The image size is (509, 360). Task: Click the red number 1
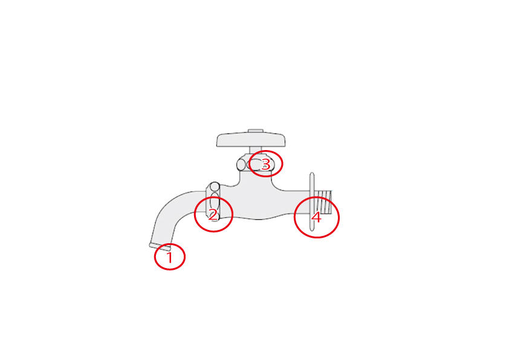169,257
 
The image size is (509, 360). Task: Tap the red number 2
213,215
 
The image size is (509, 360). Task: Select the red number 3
265,164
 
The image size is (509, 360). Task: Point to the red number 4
316,217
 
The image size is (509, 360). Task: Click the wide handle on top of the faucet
251,139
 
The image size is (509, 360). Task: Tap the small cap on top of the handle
256,131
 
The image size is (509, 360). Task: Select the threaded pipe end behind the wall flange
323,201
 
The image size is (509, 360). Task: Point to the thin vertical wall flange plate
312,201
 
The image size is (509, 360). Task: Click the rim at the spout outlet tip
160,247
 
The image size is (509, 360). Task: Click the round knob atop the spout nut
214,187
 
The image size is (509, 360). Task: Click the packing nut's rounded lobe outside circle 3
241,165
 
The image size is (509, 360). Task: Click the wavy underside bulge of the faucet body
258,217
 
